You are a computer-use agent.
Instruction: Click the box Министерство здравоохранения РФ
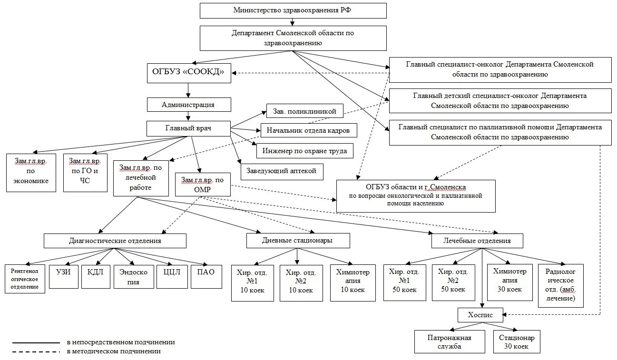click(x=293, y=10)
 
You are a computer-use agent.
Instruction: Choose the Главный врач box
click(x=188, y=128)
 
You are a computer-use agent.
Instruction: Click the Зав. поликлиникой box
click(x=304, y=112)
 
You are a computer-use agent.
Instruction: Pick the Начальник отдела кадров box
click(x=308, y=130)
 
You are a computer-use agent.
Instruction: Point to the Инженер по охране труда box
click(x=305, y=151)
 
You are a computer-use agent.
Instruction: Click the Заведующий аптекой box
click(x=282, y=171)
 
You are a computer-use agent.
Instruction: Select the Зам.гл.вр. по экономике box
click(x=31, y=172)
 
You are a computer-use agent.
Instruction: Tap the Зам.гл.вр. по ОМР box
click(x=203, y=184)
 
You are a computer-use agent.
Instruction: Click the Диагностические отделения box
click(x=115, y=241)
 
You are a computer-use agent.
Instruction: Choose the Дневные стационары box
click(x=298, y=241)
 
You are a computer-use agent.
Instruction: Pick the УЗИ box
click(x=63, y=276)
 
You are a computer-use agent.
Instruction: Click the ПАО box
click(x=206, y=276)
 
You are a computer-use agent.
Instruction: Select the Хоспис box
click(x=482, y=315)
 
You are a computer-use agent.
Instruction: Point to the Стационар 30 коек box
click(x=517, y=342)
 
